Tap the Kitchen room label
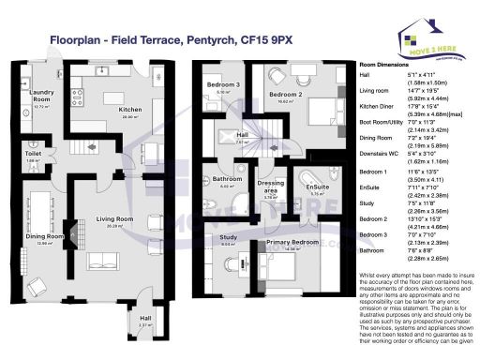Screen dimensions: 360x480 click(x=130, y=110)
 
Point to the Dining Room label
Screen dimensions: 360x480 click(x=43, y=236)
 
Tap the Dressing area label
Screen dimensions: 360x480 click(x=272, y=189)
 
